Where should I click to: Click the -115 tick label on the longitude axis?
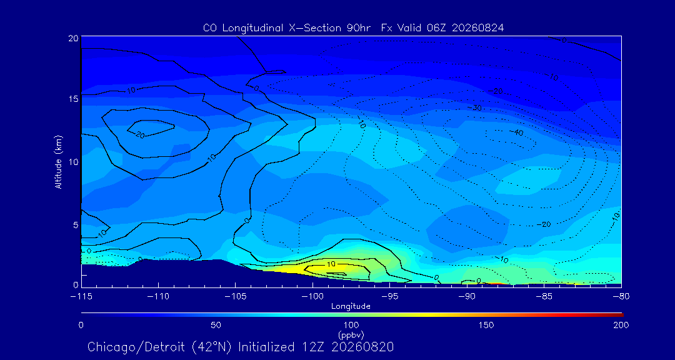tap(81, 297)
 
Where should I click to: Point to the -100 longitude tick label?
tap(312, 297)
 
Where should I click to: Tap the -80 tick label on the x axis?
tap(621, 297)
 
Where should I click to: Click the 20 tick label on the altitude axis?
tap(73, 38)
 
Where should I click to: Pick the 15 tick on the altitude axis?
tap(73, 99)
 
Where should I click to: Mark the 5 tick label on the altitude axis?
tap(76, 225)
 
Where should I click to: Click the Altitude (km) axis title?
tap(58, 161)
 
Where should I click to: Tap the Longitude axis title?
tap(351, 307)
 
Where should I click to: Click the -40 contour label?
tap(516, 132)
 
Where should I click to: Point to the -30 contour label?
tap(475, 107)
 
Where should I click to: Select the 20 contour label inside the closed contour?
tap(139, 135)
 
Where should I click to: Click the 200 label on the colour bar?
tap(621, 325)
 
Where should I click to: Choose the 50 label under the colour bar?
tap(216, 325)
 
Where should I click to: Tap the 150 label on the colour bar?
tap(486, 325)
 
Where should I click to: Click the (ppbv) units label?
tap(351, 334)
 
